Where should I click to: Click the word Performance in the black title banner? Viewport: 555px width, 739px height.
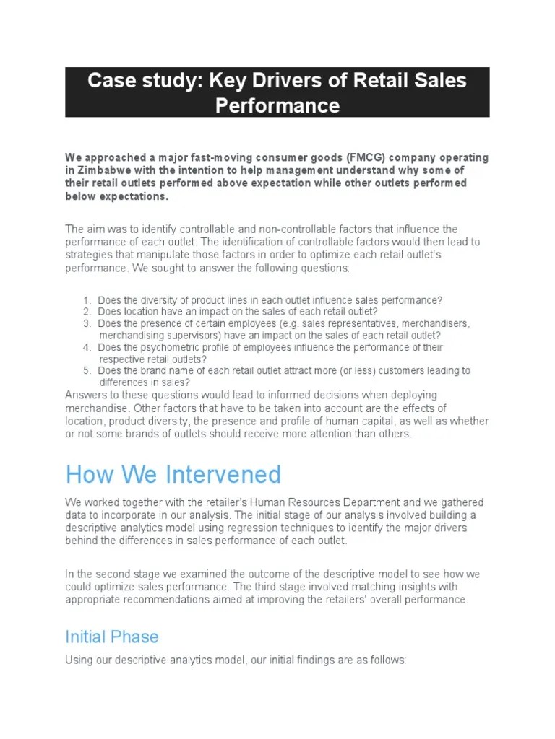coord(277,105)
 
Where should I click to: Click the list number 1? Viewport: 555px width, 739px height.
coord(86,300)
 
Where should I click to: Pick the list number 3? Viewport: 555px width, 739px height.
coord(86,323)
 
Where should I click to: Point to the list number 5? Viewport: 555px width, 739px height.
coord(86,370)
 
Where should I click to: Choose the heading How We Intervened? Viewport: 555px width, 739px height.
coord(173,474)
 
